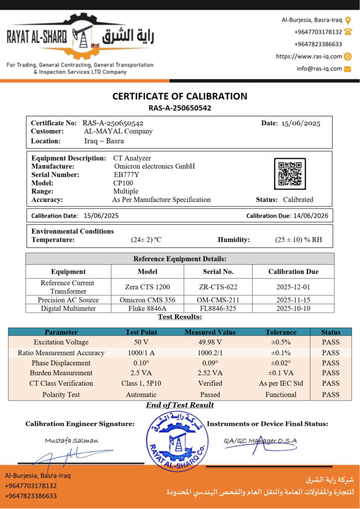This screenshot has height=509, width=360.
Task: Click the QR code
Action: [x=290, y=174]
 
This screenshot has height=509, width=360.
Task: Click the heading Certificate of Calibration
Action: [x=180, y=96]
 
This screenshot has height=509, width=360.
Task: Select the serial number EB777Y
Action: [x=124, y=175]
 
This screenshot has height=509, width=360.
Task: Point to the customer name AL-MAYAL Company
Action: [x=118, y=132]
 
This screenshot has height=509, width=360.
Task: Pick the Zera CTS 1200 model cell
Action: [x=148, y=287]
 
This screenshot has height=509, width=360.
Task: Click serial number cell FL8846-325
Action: [x=218, y=309]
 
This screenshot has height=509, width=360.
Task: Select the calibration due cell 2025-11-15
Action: [x=293, y=300]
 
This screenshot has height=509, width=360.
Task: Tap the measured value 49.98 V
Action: [x=210, y=342]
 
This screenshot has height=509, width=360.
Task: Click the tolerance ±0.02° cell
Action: [x=281, y=363]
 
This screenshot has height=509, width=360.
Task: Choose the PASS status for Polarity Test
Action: [x=331, y=395]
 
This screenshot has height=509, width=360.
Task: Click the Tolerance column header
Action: [x=281, y=332]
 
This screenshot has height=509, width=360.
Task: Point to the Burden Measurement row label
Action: [x=61, y=373]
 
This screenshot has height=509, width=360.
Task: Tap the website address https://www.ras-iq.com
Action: [x=309, y=57]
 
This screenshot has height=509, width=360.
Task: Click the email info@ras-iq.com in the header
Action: [x=319, y=69]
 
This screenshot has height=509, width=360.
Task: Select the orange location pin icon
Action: [x=348, y=20]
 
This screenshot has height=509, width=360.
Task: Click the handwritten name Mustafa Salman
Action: [x=72, y=440]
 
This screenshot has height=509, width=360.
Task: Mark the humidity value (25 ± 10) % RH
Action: [x=298, y=240]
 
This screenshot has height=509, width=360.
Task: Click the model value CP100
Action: [x=123, y=183]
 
